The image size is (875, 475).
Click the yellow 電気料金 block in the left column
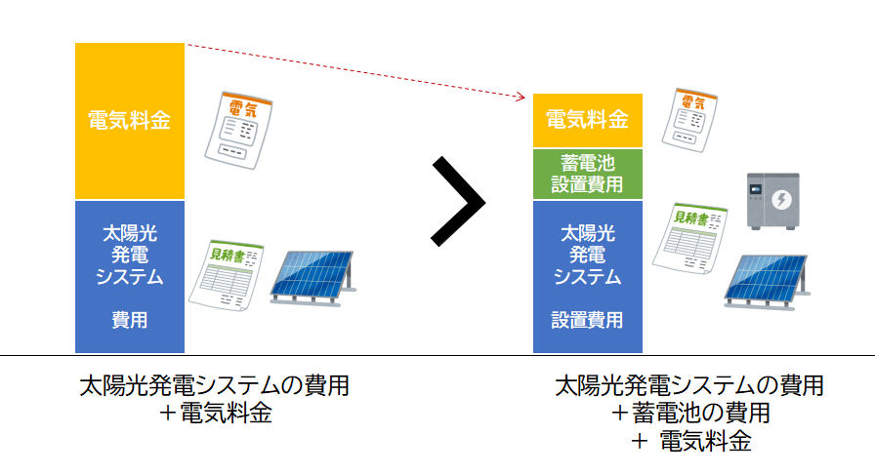pos(129,121)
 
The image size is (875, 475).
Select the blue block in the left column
pos(129,276)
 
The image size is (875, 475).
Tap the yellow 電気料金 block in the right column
pos(587,120)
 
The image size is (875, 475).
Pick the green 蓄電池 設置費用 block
pos(587,173)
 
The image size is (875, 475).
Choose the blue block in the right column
pos(587,277)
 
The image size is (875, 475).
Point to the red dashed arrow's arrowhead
pos(522,96)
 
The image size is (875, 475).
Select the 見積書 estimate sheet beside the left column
pos(227,276)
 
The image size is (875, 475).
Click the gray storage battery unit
pos(772,202)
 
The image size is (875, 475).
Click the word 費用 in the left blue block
pos(129,319)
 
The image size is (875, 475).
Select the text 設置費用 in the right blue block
pos(587,319)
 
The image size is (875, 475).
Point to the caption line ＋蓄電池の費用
pos(689,413)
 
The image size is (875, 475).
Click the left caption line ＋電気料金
pos(215,413)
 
